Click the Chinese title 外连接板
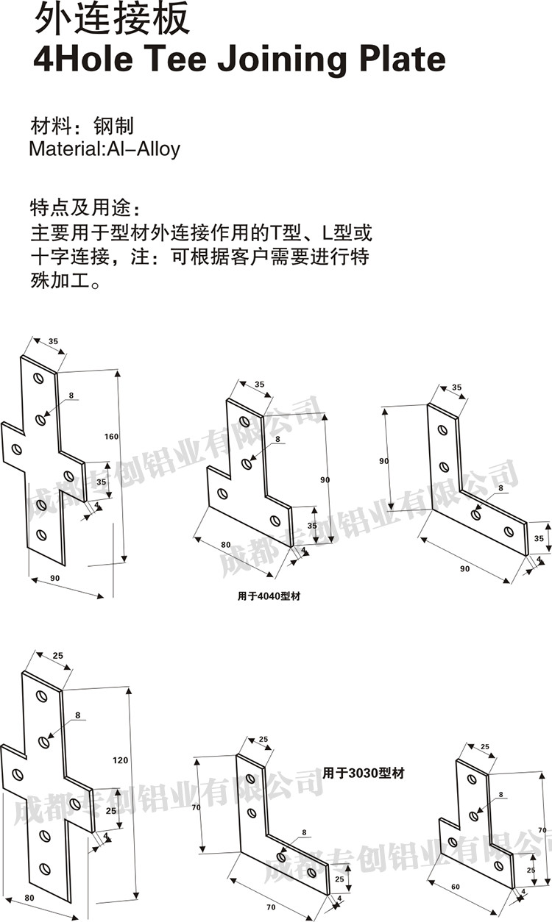click(x=112, y=20)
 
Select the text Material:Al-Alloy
click(x=105, y=149)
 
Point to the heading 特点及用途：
click(x=84, y=204)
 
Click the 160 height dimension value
click(x=111, y=437)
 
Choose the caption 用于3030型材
click(x=364, y=773)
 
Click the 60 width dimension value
click(x=455, y=887)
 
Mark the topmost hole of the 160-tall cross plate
click(x=39, y=379)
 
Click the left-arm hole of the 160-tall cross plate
click(x=17, y=449)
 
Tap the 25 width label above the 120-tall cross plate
click(x=58, y=655)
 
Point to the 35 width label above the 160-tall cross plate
click(x=53, y=342)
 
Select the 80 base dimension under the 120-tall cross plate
click(x=29, y=898)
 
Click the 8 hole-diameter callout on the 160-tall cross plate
click(x=71, y=396)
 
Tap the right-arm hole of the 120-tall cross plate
click(x=75, y=804)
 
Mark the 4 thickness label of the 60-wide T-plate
click(x=523, y=892)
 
